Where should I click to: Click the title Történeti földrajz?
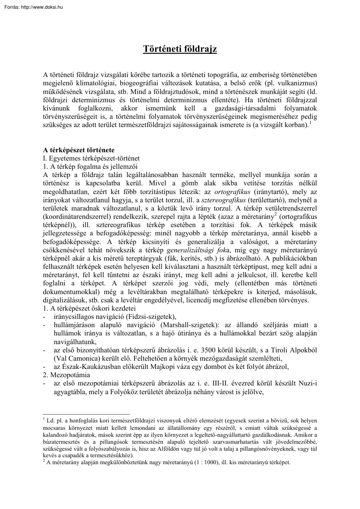click(180, 49)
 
